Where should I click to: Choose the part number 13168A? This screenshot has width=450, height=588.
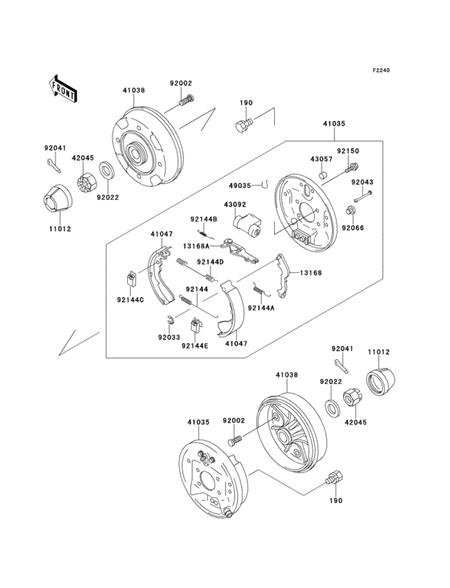coord(195,247)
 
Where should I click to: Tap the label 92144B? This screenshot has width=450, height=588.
coord(203,218)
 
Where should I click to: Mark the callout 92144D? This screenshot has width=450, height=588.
coord(211,262)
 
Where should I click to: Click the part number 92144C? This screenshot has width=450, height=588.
coord(130,300)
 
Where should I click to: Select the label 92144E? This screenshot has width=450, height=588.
coord(194,345)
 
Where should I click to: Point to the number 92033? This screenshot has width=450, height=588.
coord(169,337)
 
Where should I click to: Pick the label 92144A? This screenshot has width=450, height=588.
coord(260,308)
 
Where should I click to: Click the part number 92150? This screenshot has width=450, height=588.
coord(346,150)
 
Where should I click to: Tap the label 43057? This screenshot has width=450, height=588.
coord(321,159)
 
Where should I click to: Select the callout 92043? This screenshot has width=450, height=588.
coord(362,182)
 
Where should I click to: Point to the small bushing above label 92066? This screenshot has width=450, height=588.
coord(350,210)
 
